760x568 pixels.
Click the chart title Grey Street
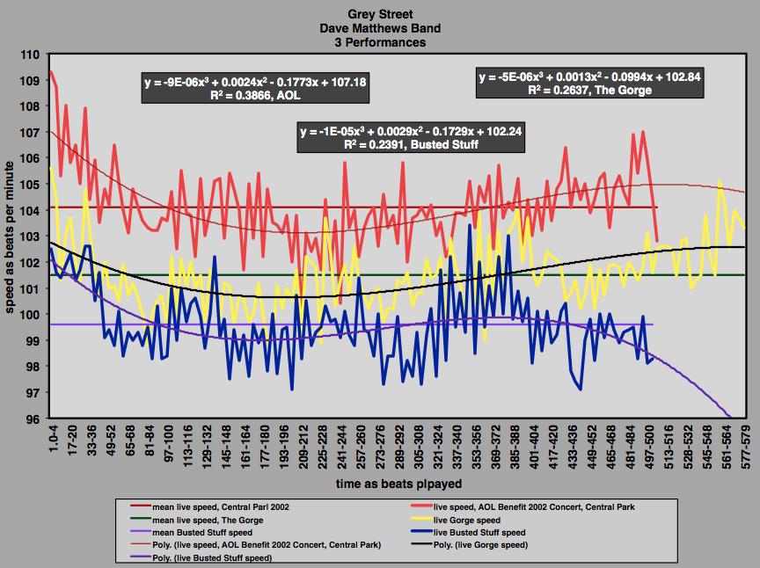380,14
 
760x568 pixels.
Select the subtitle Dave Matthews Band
380,27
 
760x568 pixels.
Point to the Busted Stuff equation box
387,138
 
